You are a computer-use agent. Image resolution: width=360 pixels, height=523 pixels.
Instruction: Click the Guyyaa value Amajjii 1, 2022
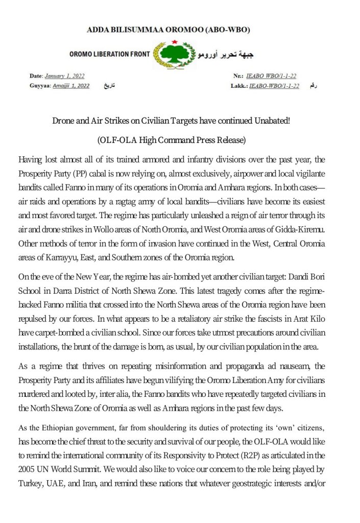[71, 85]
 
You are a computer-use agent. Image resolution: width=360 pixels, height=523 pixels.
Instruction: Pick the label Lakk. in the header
[239, 85]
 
